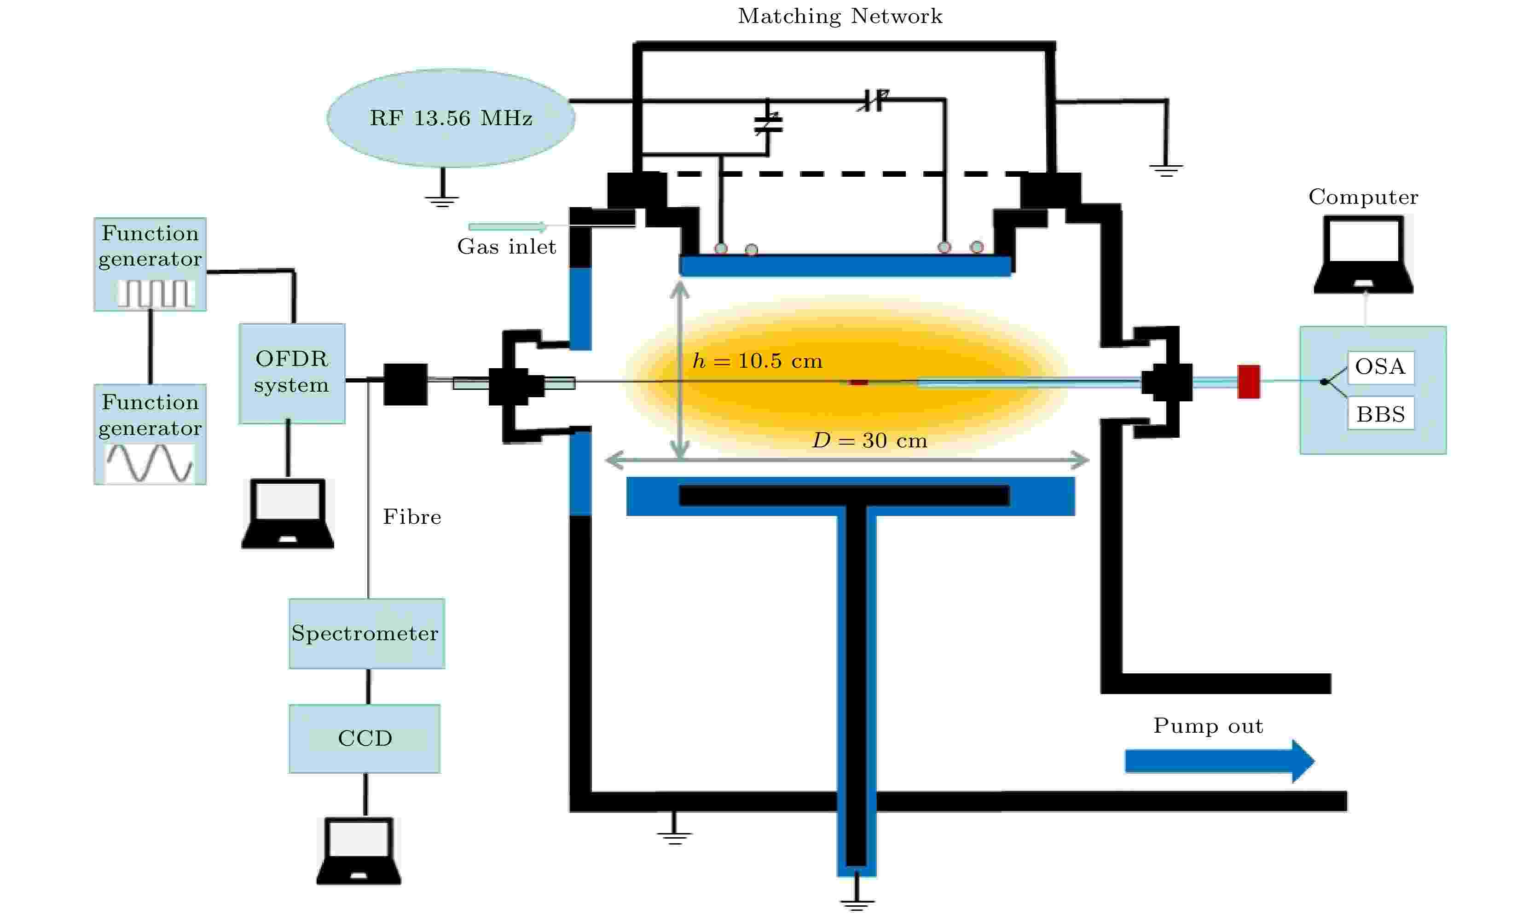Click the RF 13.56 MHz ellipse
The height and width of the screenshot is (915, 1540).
[x=451, y=118]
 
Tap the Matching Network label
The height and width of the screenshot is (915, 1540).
[x=839, y=17]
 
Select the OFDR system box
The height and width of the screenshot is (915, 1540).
[x=292, y=373]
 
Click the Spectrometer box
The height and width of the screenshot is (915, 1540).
[x=366, y=633]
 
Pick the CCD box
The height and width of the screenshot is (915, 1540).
[x=365, y=738]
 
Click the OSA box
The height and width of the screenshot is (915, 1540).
[x=1380, y=367]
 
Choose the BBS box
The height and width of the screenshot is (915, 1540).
[x=1380, y=414]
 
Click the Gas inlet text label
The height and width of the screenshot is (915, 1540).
[x=506, y=247]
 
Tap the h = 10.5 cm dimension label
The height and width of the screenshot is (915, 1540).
[x=758, y=361]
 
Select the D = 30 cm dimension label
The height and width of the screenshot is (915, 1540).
[x=870, y=440]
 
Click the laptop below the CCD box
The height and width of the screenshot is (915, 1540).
[x=359, y=851]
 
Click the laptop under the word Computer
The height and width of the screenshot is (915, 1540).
[x=1363, y=254]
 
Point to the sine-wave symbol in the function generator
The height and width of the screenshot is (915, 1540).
[x=150, y=463]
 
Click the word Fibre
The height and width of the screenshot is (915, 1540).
[x=412, y=517]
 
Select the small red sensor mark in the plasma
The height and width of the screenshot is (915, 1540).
[x=858, y=382]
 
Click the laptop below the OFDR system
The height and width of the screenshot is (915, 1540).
[x=288, y=514]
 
